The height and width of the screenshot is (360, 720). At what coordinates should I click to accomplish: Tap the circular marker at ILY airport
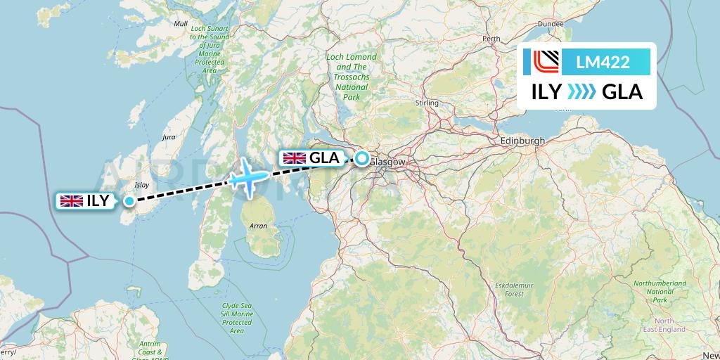coord(129,201)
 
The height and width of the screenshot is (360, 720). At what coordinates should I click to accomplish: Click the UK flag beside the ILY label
coord(72,201)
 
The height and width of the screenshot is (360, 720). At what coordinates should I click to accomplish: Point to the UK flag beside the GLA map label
coord(294,158)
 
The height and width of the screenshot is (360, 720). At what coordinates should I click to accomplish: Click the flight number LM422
coord(603,63)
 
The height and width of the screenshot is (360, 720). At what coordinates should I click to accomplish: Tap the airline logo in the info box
coord(541,63)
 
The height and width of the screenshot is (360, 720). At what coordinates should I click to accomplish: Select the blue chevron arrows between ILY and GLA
coord(581,92)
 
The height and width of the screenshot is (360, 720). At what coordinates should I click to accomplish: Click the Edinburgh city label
coord(522,141)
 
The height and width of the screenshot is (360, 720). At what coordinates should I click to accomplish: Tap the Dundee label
coord(551,23)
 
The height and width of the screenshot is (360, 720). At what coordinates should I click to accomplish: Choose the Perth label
coord(491,39)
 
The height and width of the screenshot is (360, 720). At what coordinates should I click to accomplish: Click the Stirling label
coord(427,103)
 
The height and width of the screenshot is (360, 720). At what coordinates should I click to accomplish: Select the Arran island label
coord(257,226)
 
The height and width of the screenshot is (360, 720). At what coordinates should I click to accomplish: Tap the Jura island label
coord(169,137)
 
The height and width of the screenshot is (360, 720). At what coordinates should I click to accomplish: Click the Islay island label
coord(142,185)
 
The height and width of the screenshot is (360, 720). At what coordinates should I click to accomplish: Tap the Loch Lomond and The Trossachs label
coord(351,77)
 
